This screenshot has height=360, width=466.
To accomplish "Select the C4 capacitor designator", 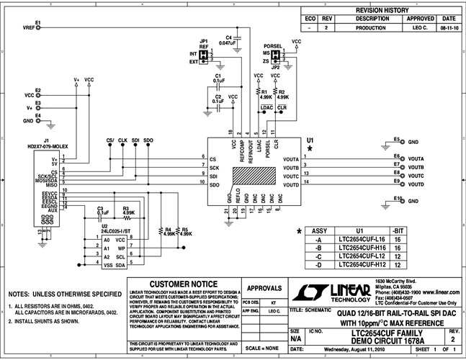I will (x=229, y=37).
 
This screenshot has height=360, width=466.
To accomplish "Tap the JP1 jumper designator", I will (x=205, y=41).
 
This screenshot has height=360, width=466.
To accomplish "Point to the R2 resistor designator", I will (x=282, y=92).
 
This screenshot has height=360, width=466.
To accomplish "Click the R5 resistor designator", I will (x=186, y=228).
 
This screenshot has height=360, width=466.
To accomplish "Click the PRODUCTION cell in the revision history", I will (x=365, y=27).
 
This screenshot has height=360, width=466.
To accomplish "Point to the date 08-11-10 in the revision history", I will (x=448, y=27).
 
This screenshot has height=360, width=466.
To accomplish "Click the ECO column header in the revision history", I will (x=310, y=19).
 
